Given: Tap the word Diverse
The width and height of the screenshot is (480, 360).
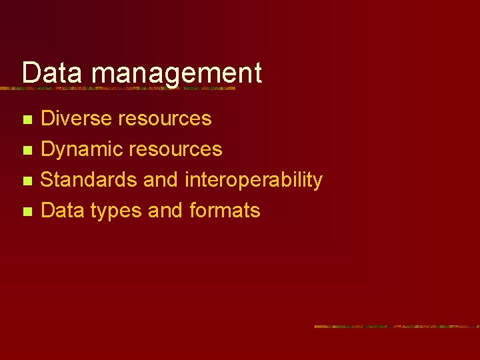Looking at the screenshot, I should (x=76, y=119).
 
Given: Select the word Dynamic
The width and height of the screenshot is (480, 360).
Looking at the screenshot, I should (x=81, y=149).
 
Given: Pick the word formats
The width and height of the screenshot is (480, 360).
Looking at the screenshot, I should (x=225, y=211).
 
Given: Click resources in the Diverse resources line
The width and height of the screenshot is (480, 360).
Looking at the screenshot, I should (x=165, y=119).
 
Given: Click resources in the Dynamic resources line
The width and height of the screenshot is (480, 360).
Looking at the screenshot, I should (x=175, y=149).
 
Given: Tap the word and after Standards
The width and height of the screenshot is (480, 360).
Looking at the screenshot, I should (x=161, y=180).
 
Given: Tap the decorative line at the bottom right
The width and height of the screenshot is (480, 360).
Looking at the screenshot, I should (x=397, y=327).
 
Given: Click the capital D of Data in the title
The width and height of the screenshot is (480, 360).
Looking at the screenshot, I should (x=30, y=72).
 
